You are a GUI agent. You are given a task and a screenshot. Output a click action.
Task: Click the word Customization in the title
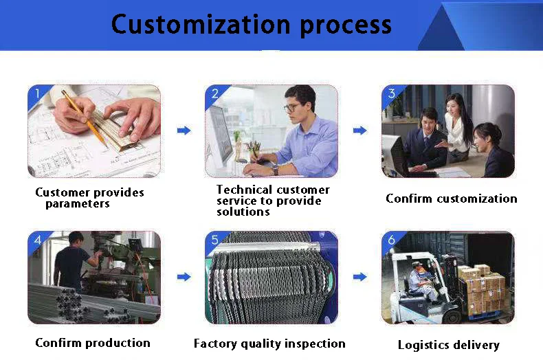tap(197, 25)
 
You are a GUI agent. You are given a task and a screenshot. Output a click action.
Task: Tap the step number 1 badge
tap(35, 93)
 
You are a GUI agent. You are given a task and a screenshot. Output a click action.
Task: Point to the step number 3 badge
tap(390, 93)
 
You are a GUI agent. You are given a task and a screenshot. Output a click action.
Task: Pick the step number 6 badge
tap(390, 239)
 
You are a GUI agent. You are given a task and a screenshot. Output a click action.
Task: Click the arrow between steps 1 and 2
tap(184, 130)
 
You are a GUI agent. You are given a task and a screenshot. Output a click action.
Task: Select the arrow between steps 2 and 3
tap(359, 130)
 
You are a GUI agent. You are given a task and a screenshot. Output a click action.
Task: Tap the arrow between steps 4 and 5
tap(184, 276)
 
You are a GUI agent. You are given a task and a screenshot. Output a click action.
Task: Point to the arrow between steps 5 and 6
tap(359, 276)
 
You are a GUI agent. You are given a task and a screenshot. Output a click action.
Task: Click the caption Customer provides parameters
tap(89, 198)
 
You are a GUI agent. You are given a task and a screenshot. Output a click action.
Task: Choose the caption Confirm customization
tap(451, 199)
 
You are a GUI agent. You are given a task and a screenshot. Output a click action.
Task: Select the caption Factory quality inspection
tap(269, 344)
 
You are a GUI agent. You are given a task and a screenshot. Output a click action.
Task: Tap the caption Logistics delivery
tap(449, 345)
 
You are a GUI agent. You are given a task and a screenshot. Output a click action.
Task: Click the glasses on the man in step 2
tap(293, 107)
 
